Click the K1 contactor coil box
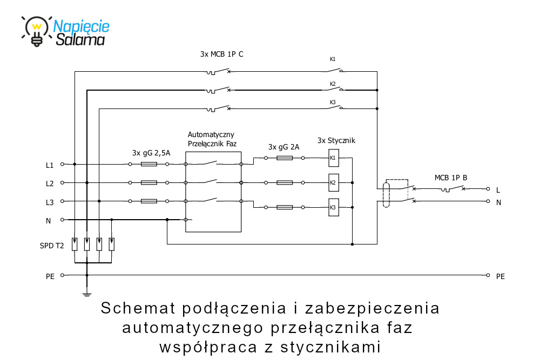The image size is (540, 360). point(333,158)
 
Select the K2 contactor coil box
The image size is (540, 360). point(333,183)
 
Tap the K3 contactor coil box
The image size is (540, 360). point(333,207)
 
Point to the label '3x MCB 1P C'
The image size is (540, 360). point(221,55)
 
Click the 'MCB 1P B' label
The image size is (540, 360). point(451,178)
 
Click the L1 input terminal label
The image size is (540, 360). point(50,165)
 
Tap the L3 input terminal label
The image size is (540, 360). point(50,202)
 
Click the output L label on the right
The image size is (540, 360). point(498,190)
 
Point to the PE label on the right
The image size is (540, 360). point(501,276)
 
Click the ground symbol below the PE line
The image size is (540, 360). point(86,294)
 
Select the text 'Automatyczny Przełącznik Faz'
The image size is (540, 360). point(212,139)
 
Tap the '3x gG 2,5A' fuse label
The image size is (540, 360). point(151,153)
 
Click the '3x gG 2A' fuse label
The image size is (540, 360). point(283,147)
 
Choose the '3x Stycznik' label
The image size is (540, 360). point(336,141)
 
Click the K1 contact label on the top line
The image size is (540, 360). point(333,59)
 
